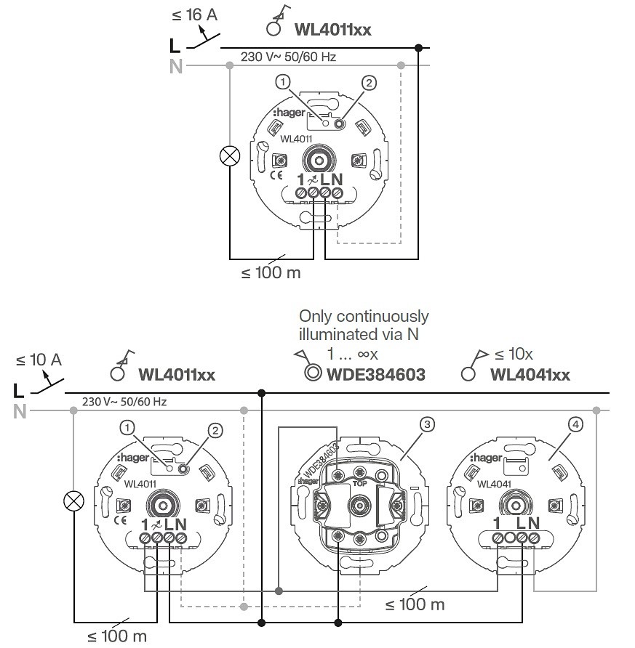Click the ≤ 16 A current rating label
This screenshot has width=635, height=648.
click(194, 15)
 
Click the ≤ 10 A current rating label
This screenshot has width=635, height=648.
click(39, 360)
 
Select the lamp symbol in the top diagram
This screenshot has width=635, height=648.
click(230, 156)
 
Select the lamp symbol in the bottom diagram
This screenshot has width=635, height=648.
click(73, 501)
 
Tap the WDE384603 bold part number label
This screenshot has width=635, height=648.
click(376, 375)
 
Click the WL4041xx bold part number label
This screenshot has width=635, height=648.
click(530, 375)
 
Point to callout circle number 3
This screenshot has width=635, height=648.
click(427, 424)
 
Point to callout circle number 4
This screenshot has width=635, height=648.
click(575, 424)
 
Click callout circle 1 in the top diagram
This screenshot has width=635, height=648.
click(283, 82)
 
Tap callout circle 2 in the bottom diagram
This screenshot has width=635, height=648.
click(215, 431)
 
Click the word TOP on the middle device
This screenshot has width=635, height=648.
click(359, 484)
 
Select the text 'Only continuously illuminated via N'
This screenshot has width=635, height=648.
click(364, 325)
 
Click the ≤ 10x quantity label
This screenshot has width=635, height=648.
click(514, 355)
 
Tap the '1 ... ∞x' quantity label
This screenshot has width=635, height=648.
click(353, 355)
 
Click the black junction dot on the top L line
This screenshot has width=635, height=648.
click(418, 48)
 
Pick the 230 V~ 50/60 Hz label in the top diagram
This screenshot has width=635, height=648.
click(288, 57)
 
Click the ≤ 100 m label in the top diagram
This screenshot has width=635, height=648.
click(271, 273)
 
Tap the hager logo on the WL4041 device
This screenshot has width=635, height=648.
click(486, 458)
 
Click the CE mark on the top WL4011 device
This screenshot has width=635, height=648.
click(276, 175)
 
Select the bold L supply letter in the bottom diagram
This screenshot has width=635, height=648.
click(19, 391)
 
